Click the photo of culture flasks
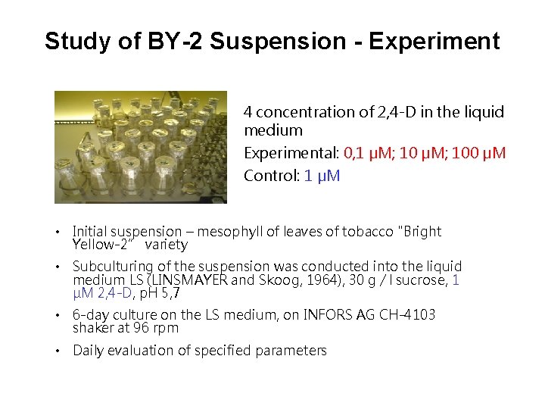point(141,147)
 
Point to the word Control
point(269,176)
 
